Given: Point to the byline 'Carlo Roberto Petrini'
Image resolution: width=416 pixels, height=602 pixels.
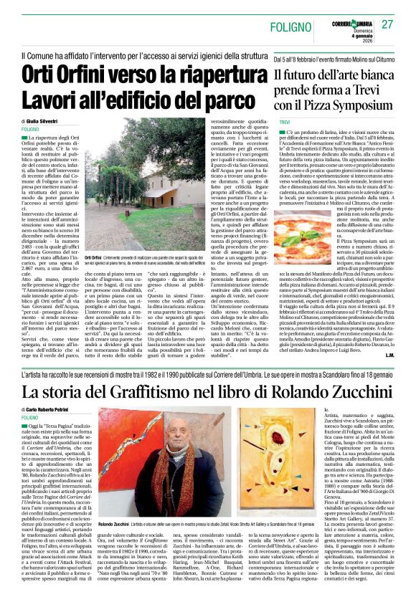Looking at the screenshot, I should tap(57, 409).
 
